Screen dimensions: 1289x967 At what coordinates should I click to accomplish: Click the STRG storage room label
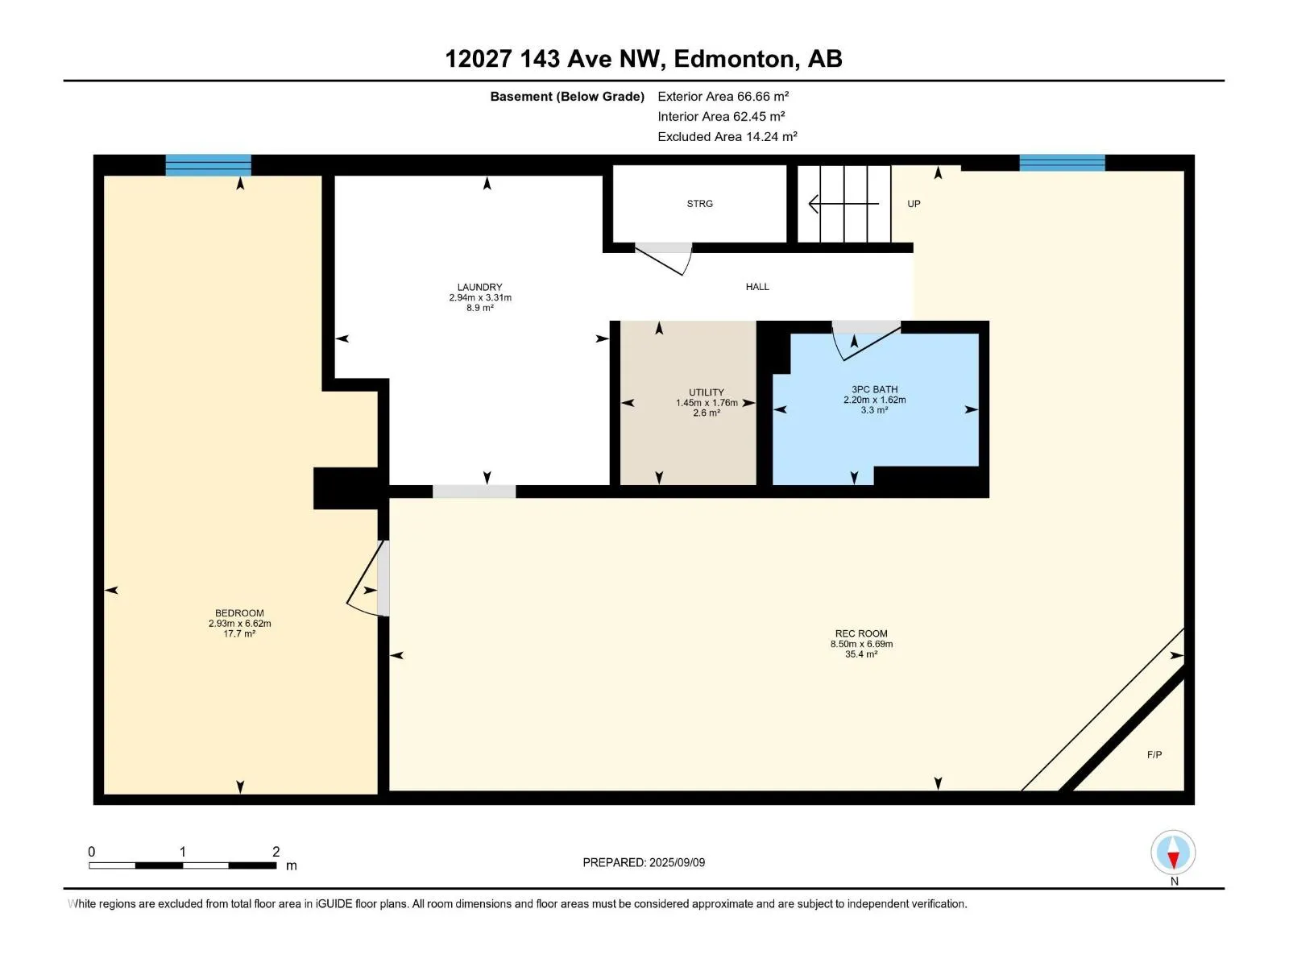699,204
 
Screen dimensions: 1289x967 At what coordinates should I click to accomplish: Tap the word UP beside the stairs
913,204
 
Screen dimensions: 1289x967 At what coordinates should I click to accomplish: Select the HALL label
757,287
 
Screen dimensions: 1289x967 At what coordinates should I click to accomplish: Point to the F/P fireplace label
1154,754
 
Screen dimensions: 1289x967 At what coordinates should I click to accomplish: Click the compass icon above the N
1173,852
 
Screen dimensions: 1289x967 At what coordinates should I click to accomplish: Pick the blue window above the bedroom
208,165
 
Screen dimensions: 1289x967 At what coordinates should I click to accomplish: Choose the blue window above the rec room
1062,163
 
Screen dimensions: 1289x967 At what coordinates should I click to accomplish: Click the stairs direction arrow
843,204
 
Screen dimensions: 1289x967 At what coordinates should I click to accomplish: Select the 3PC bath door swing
866,341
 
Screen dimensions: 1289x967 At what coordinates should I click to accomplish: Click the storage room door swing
664,259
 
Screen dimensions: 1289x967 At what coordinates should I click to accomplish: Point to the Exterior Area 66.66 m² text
723,96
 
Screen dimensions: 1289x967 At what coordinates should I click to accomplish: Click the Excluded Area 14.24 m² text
727,136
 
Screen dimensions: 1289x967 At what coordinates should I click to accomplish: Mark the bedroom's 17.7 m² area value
239,633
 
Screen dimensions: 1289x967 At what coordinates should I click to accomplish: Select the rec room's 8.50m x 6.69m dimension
861,644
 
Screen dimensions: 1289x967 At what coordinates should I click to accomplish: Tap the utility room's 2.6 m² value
706,413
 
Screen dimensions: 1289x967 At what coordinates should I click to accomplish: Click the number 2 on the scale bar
276,851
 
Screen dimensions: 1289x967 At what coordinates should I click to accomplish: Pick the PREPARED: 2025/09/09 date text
644,862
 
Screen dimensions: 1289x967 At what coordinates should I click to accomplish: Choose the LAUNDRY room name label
480,287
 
